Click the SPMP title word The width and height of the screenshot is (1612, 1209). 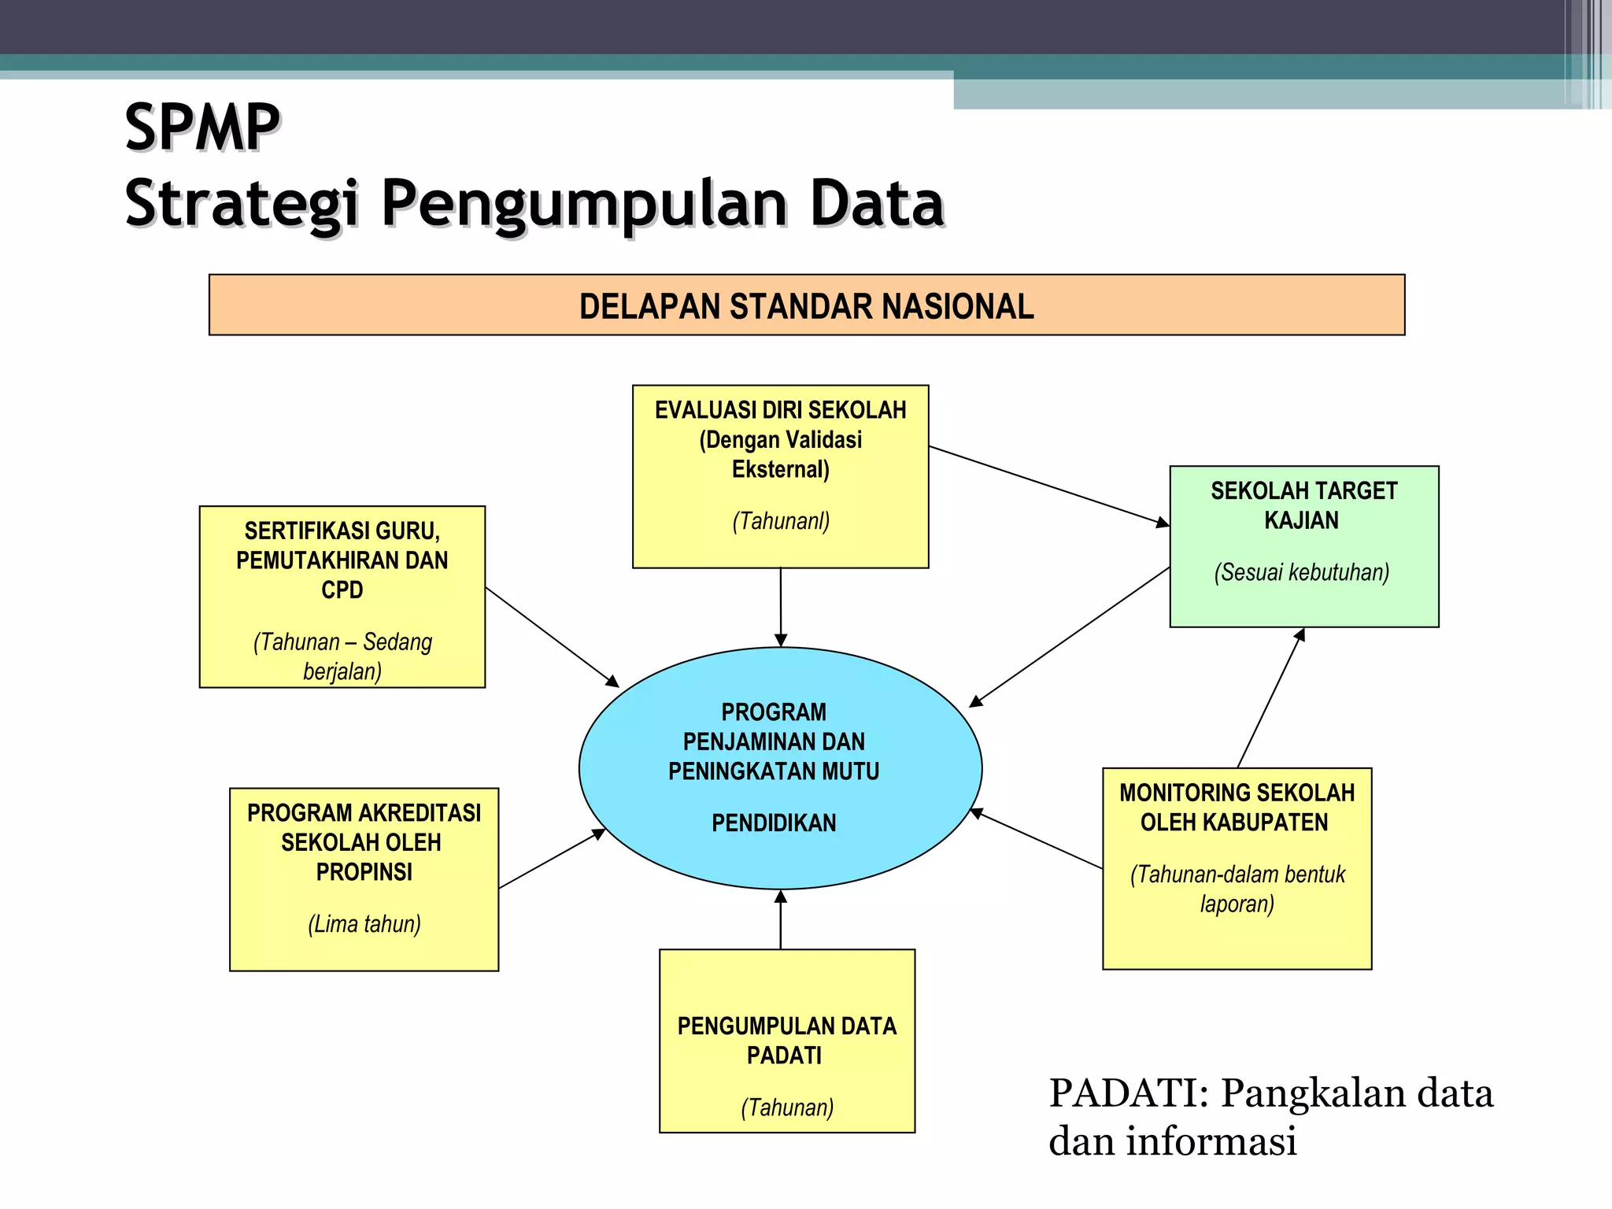(202, 128)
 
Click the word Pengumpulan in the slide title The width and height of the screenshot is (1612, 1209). (584, 205)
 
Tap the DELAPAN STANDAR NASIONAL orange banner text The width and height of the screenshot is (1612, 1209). (806, 306)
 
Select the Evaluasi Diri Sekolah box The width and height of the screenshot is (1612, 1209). (780, 476)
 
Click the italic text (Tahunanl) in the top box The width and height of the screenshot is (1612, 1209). (781, 521)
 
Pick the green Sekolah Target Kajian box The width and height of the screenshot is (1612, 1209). (1303, 546)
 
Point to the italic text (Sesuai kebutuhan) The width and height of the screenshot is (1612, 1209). (1302, 572)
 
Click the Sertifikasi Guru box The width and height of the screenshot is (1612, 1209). (342, 597)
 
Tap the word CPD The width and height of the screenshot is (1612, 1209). (342, 590)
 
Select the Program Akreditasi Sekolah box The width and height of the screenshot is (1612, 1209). (364, 879)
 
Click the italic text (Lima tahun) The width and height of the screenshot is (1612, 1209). (364, 924)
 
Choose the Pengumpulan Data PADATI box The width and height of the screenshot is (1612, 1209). (786, 1041)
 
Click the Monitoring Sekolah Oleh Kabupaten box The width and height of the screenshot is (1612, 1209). (1237, 868)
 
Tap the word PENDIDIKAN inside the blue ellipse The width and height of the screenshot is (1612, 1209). (774, 823)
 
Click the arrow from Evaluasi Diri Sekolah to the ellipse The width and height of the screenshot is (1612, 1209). (780, 607)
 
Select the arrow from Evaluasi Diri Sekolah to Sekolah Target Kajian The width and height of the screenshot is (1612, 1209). (1048, 486)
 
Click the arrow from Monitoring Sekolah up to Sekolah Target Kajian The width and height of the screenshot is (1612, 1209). (1270, 698)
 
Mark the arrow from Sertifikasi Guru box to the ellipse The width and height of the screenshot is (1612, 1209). (552, 636)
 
